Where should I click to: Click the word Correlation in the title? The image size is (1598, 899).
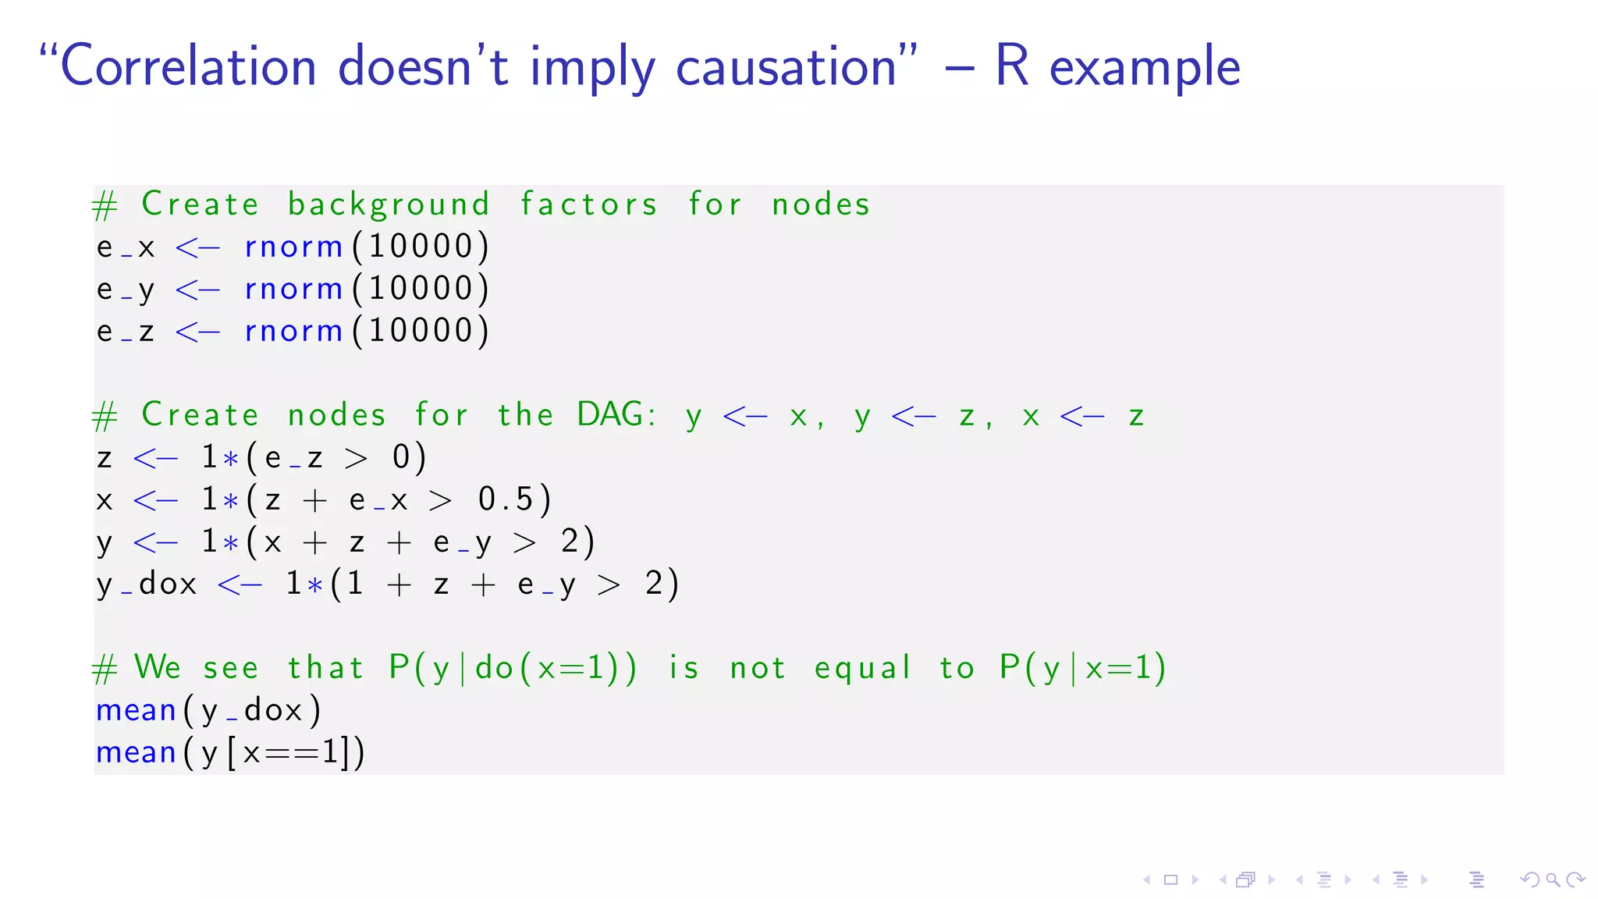point(188,67)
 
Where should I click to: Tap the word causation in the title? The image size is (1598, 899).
point(787,67)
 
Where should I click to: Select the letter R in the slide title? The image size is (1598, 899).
point(1012,67)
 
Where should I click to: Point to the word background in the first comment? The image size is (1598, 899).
point(389,204)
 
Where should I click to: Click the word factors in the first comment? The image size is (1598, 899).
point(589,204)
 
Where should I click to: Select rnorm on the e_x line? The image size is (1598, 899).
point(293,247)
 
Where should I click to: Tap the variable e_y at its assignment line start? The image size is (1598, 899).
point(126,290)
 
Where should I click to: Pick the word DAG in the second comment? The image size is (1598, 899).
point(611,414)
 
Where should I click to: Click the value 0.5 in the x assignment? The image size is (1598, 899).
point(506,499)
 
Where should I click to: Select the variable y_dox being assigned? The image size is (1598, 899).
point(147,584)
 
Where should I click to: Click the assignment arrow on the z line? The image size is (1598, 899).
point(155,458)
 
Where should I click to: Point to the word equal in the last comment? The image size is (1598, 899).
point(862,668)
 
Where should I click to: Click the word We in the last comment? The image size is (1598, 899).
point(158,668)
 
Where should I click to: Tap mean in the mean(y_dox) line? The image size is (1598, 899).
point(136,710)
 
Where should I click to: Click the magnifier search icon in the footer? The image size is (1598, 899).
point(1553,880)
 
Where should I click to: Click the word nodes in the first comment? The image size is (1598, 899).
point(821,204)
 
